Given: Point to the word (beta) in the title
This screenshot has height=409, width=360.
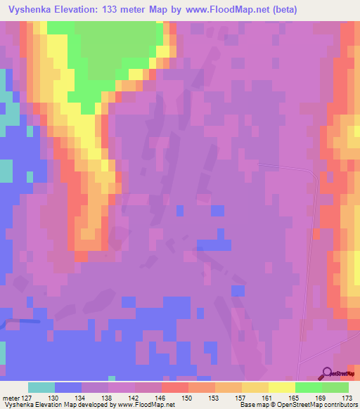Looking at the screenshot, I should click(x=281, y=10).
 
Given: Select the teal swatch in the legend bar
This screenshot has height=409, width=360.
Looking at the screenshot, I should click(x=41, y=387).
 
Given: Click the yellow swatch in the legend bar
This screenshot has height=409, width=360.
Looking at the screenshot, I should click(x=281, y=387).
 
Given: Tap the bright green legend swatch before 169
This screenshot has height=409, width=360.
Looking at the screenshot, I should click(x=308, y=387).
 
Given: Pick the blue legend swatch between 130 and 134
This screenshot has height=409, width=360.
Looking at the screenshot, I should click(x=68, y=387).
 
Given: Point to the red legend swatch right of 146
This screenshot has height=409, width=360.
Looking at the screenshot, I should click(x=174, y=387).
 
